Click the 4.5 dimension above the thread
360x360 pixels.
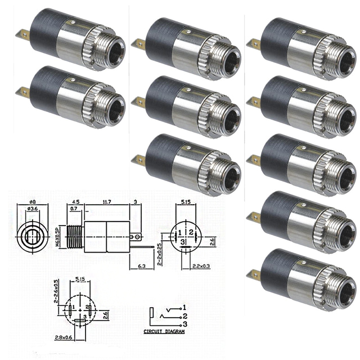tap(75, 202)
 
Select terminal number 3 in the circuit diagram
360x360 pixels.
tap(185, 325)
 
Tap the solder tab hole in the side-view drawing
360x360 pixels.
tap(135, 237)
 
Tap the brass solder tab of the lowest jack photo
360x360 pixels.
tap(255, 274)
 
